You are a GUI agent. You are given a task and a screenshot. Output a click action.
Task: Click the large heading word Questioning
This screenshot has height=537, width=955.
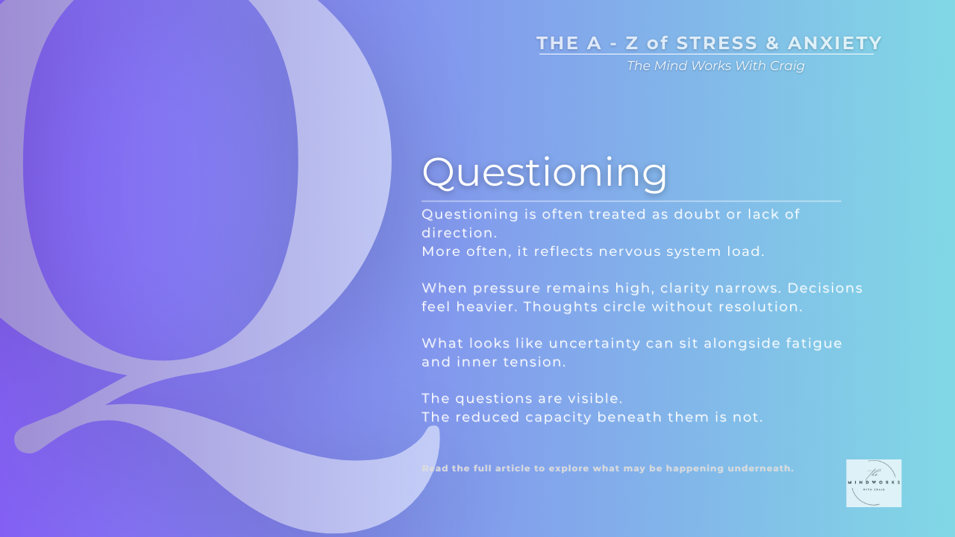[x=545, y=172]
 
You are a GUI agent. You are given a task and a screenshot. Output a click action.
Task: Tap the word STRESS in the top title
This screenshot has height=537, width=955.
[x=716, y=43]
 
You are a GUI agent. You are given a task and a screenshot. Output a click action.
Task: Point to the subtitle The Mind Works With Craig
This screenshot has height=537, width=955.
[x=716, y=66]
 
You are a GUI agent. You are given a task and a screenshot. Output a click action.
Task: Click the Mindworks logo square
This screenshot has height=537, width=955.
[x=874, y=483]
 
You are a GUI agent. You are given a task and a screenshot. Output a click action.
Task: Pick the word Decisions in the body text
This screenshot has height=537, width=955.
[x=825, y=288]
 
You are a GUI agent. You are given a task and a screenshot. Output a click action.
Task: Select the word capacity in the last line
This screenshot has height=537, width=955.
[x=556, y=417]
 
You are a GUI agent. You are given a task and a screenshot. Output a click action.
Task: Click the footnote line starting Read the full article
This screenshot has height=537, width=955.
[x=607, y=468]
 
